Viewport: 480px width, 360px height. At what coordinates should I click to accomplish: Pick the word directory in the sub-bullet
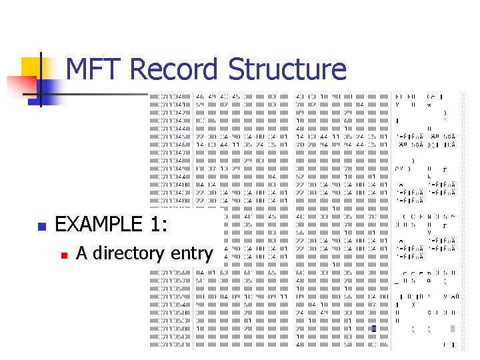coord(131,253)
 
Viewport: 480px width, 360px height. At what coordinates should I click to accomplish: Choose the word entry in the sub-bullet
coord(192,254)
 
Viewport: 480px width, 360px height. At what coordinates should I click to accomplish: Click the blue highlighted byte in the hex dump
coord(374,329)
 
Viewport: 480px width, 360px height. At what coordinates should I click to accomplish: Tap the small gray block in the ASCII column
coord(453,328)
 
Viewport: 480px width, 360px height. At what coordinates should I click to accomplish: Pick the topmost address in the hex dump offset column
coord(169,97)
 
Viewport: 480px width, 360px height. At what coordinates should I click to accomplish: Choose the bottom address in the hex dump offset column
coord(169,345)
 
